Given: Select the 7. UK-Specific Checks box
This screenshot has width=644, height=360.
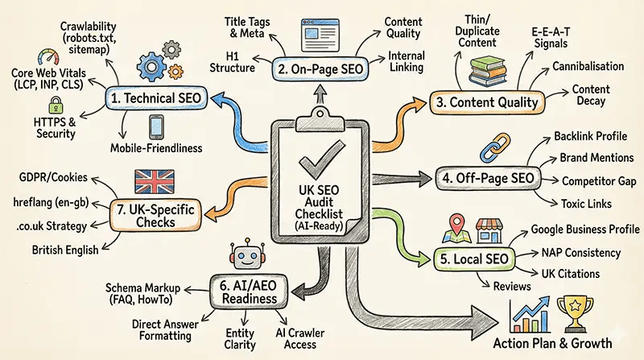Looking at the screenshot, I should [x=155, y=214].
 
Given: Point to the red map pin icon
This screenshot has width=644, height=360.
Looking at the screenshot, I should [x=460, y=226].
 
